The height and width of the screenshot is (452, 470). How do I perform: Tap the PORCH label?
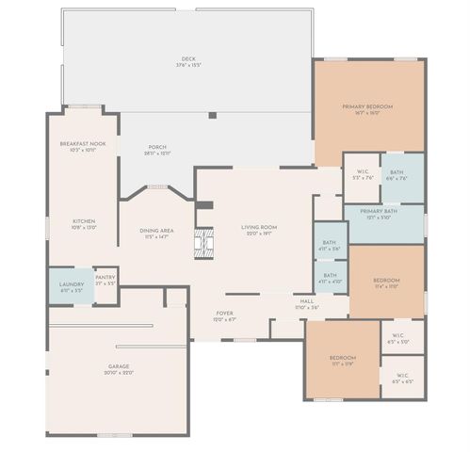(156, 149)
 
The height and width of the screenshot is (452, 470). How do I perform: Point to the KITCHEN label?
(83, 223)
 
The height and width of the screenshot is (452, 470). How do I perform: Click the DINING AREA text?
(156, 233)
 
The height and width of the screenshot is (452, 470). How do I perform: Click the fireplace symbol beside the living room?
(204, 242)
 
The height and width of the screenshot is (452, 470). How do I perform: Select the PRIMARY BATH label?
(378, 214)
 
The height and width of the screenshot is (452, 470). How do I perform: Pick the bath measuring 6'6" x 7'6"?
(397, 174)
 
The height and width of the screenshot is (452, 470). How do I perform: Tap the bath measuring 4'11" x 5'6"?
(330, 245)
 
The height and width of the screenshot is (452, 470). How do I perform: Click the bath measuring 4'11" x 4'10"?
(330, 278)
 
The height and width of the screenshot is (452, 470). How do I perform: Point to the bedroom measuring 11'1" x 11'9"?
(342, 360)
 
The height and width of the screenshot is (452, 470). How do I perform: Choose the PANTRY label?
(105, 280)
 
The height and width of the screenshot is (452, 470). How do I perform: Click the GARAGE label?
(119, 368)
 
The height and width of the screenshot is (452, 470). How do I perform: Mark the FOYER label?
(224, 316)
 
